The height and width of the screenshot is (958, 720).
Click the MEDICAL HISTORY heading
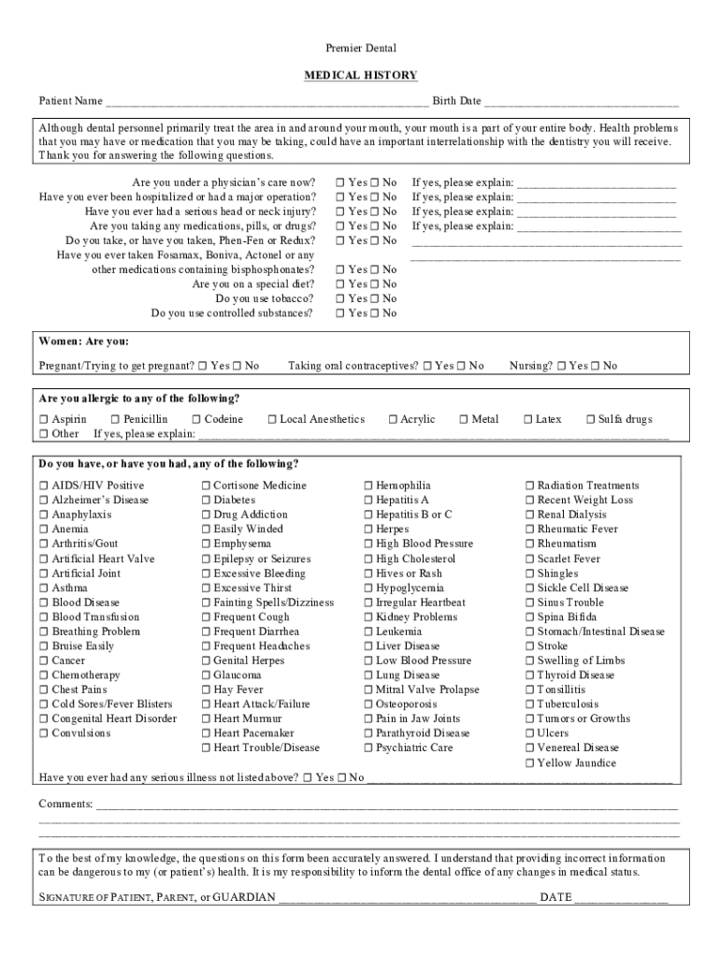360,75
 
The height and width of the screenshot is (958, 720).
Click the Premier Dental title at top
360,48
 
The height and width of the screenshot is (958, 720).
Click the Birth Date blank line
581,102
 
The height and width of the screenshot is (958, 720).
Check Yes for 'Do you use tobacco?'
341,298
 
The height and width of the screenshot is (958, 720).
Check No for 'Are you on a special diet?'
374,284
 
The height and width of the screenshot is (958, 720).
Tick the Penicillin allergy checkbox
116,420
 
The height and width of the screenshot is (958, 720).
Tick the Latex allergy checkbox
528,420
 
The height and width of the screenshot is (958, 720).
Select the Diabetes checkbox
207,501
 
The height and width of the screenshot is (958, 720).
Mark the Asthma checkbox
44,588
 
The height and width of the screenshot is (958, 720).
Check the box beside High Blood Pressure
368,544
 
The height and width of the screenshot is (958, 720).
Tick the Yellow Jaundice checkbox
530,763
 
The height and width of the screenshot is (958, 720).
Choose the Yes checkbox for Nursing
561,366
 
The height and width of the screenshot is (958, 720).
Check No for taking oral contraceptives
461,366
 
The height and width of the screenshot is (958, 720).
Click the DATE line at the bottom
621,899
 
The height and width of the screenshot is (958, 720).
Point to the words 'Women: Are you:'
83,341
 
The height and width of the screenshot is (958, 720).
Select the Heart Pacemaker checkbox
207,733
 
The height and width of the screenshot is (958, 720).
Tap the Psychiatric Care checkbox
368,748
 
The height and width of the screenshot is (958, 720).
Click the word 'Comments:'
65,805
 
